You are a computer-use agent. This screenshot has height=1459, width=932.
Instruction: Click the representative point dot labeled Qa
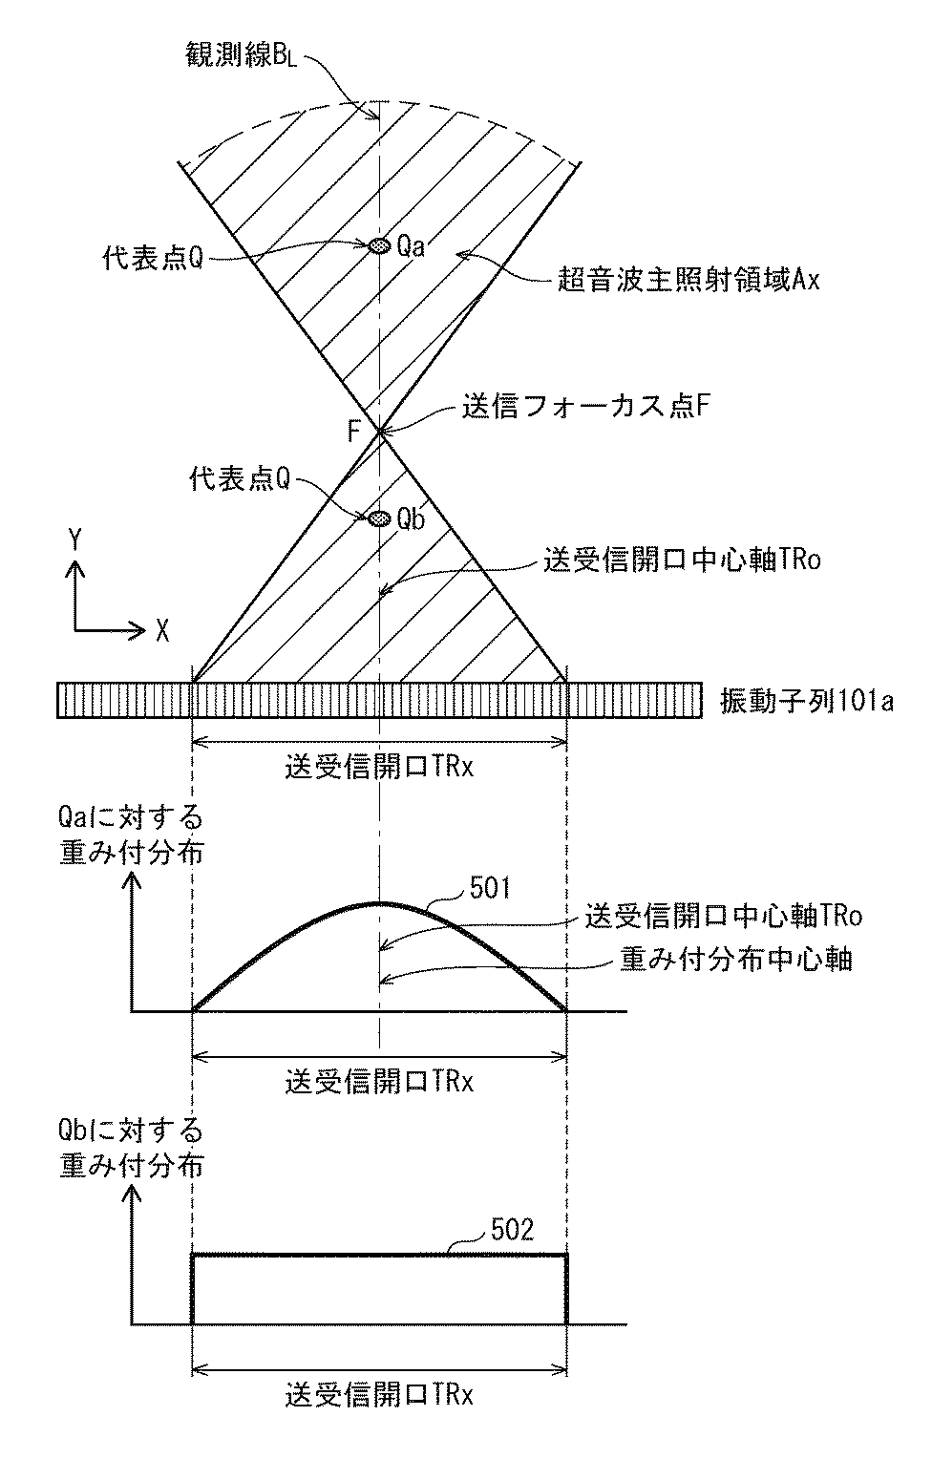point(380,246)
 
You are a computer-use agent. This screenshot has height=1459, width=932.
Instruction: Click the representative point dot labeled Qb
point(380,518)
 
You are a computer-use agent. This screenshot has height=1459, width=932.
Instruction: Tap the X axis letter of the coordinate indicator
point(163,629)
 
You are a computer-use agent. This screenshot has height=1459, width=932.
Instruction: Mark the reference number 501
point(491,889)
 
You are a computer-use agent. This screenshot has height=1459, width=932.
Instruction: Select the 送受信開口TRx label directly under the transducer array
point(379,767)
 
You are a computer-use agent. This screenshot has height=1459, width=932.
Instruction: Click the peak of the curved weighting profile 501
point(380,902)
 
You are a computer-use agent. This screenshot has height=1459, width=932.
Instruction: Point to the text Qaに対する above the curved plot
point(131,818)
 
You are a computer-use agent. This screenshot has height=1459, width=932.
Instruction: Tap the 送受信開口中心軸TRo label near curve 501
point(724,918)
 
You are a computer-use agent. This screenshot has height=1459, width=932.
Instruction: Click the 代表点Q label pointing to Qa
point(153,259)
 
